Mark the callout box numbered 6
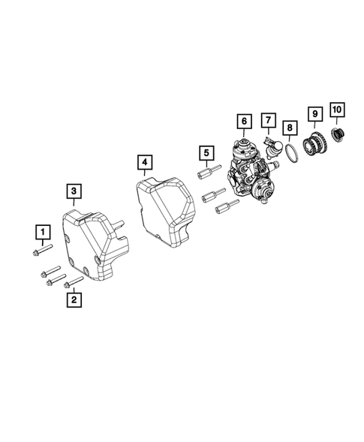242,120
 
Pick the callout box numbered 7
266,120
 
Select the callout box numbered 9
315,114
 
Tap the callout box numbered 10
337,110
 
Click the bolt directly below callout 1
43,249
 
